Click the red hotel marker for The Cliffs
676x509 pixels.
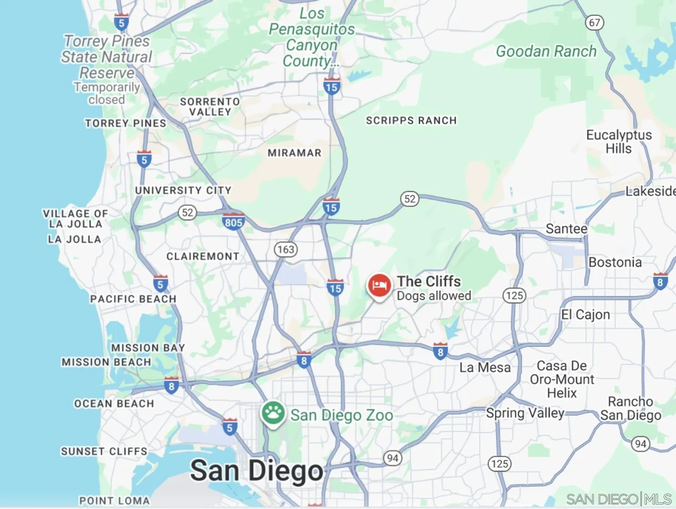[x=379, y=286]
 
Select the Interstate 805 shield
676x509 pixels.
[x=233, y=222]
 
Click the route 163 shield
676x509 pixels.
[x=286, y=249]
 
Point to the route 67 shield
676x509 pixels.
[x=594, y=23]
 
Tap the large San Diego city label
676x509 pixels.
[x=257, y=471]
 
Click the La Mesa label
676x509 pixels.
[x=485, y=368]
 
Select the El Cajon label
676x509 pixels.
[x=585, y=315]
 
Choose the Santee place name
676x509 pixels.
[x=566, y=229]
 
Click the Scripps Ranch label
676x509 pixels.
[x=411, y=121]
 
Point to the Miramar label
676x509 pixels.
[x=294, y=153]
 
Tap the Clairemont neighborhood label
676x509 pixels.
[x=203, y=257]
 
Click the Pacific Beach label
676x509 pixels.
[x=133, y=299]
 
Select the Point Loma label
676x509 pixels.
[x=115, y=501]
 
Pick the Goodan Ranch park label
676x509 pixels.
[x=546, y=51]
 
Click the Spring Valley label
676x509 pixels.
[x=525, y=413]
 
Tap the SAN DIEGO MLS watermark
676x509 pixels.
[x=619, y=499]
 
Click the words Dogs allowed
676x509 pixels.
[x=434, y=296]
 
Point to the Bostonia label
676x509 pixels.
[x=615, y=262]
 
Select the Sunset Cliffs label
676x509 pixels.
[x=104, y=452]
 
